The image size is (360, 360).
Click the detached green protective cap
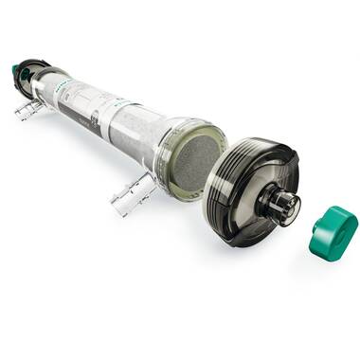click(333, 233)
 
